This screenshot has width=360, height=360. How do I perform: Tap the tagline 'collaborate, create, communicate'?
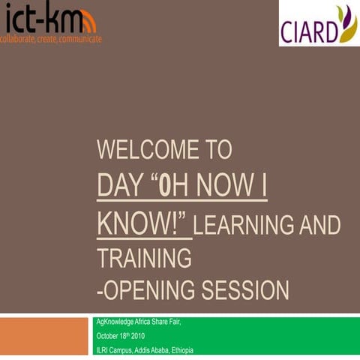click(x=51, y=38)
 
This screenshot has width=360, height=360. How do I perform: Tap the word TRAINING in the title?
click(x=144, y=259)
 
